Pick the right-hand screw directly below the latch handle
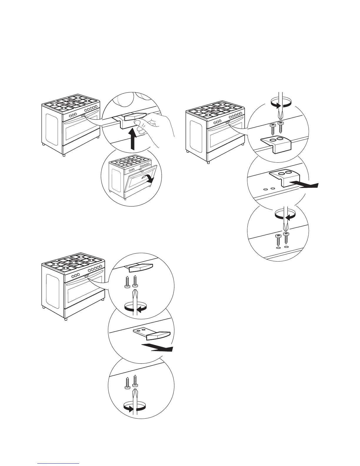pyautogui.click(x=135, y=281)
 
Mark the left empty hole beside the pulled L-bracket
pyautogui.click(x=265, y=189)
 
